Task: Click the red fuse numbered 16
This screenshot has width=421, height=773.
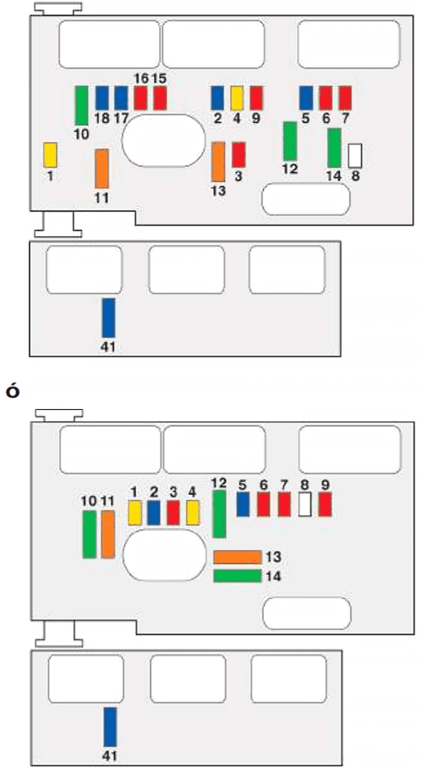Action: click(x=141, y=98)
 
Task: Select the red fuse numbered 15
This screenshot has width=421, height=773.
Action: click(x=160, y=98)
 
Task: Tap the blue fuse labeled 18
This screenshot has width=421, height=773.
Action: click(x=102, y=98)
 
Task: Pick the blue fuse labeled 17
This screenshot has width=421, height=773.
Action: click(x=121, y=98)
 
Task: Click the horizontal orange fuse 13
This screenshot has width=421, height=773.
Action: click(x=237, y=557)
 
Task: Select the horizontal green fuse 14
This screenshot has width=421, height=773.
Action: click(x=237, y=576)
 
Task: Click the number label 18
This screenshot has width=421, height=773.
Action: click(x=102, y=118)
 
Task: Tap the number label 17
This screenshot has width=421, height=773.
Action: click(x=121, y=118)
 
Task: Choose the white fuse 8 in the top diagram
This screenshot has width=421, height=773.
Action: click(x=355, y=156)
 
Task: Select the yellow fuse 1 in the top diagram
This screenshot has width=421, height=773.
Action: click(x=50, y=154)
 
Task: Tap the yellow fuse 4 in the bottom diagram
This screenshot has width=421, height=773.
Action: click(x=193, y=513)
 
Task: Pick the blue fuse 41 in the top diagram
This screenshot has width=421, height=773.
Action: click(x=108, y=318)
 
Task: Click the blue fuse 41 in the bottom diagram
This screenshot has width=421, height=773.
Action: click(x=110, y=727)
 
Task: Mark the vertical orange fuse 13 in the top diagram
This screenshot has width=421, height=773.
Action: click(x=218, y=162)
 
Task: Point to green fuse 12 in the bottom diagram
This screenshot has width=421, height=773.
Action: click(x=219, y=514)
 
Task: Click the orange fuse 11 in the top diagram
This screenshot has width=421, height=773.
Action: click(x=102, y=169)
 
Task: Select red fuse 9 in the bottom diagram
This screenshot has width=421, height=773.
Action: click(x=325, y=505)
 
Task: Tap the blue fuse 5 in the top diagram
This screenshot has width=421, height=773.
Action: click(x=306, y=98)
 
